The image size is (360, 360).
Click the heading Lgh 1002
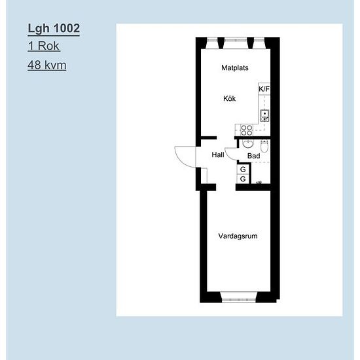[x=54, y=28]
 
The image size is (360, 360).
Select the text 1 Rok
[x=44, y=46]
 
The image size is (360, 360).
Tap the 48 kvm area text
[x=47, y=65]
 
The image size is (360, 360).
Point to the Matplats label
[x=234, y=67]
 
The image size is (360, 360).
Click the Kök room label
[x=229, y=98]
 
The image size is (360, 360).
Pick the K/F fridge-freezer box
[x=264, y=89]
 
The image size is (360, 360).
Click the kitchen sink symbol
[x=264, y=116]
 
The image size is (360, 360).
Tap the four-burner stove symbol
[x=247, y=130]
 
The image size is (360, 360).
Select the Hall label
[x=218, y=154]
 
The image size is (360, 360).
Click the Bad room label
[x=254, y=156]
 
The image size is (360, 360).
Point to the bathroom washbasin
[x=248, y=144]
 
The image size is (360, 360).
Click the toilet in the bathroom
[x=264, y=146]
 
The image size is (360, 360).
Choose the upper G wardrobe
[x=243, y=170]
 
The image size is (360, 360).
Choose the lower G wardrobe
[x=243, y=179]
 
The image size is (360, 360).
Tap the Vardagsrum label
[x=238, y=236]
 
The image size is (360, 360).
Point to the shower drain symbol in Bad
[x=259, y=183]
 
